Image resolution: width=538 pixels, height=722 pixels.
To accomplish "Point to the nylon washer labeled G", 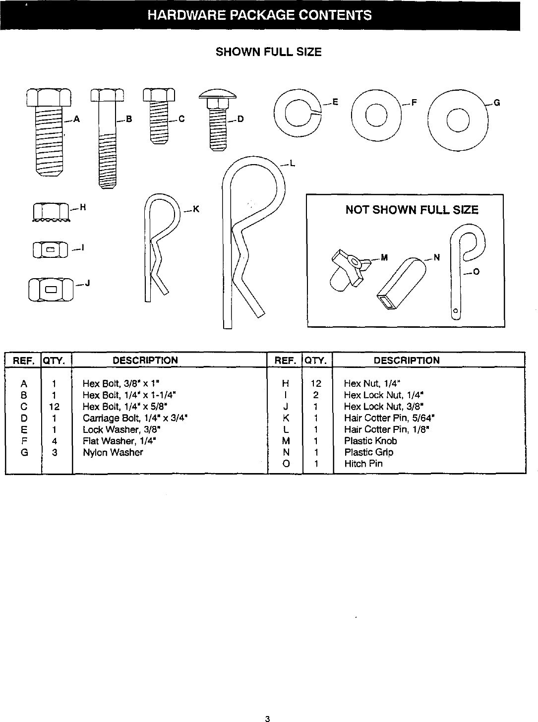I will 456,118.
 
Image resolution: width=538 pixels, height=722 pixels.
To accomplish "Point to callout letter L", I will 293,165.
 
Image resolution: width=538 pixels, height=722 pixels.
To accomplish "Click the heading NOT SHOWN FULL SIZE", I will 412,210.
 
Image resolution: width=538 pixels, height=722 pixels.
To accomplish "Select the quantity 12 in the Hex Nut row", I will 315,383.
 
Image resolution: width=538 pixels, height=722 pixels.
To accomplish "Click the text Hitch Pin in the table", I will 363,464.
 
